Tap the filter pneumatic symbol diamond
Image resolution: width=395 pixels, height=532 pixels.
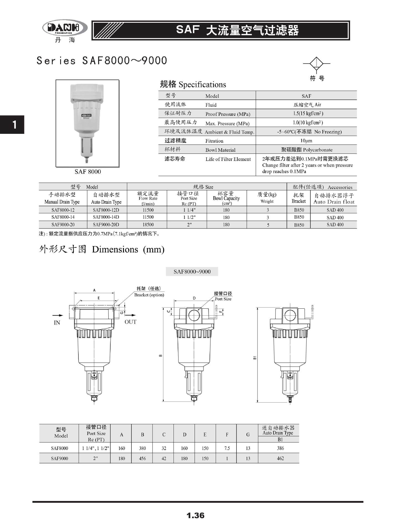(x=316, y=63)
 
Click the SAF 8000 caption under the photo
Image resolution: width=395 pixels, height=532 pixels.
(x=88, y=172)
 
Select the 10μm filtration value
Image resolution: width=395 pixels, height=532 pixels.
(x=306, y=141)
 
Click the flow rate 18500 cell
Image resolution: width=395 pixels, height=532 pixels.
(x=148, y=225)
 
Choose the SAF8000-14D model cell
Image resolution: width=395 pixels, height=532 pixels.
(x=106, y=217)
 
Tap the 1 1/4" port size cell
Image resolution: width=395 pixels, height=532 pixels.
(x=189, y=210)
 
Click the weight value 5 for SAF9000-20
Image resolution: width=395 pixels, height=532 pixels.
(x=268, y=225)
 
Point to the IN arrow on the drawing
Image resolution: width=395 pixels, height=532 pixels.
(x=57, y=315)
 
